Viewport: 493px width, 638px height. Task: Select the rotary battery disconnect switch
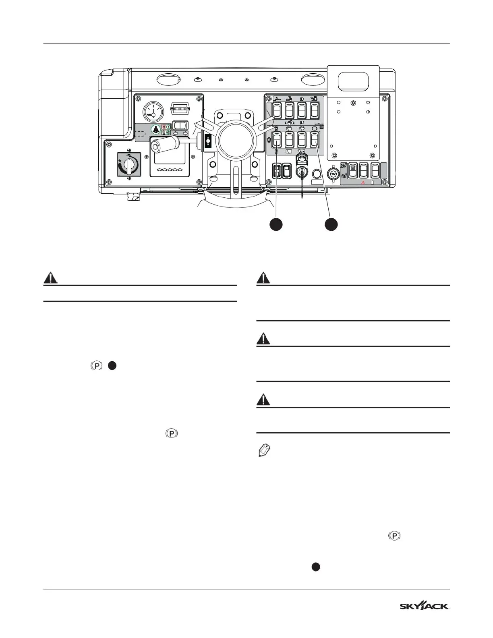128,164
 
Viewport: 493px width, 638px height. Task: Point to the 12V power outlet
333,174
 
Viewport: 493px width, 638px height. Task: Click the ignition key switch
302,172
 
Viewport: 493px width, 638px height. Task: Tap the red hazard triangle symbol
363,182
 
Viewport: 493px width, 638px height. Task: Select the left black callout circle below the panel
276,224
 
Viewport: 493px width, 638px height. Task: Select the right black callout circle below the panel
331,224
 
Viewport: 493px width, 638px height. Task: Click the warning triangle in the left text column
50,278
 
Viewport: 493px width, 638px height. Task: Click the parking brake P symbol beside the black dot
97,366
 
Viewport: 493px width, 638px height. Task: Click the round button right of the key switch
317,174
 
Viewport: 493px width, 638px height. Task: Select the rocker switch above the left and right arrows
178,125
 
